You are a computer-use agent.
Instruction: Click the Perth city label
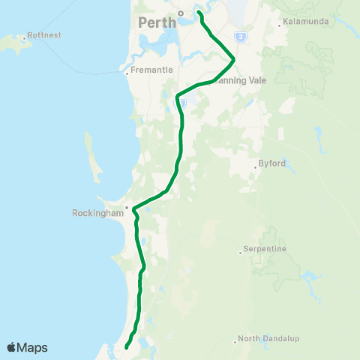(x=157, y=22)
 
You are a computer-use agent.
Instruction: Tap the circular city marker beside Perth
(x=181, y=13)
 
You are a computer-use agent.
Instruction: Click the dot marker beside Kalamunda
(x=279, y=25)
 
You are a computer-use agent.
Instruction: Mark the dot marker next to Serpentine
(x=239, y=252)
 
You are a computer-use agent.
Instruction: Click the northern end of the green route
(x=199, y=12)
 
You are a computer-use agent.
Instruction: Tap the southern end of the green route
(x=125, y=348)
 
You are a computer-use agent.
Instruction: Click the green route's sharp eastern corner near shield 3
(x=234, y=58)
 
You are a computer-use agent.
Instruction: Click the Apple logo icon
(x=11, y=347)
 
